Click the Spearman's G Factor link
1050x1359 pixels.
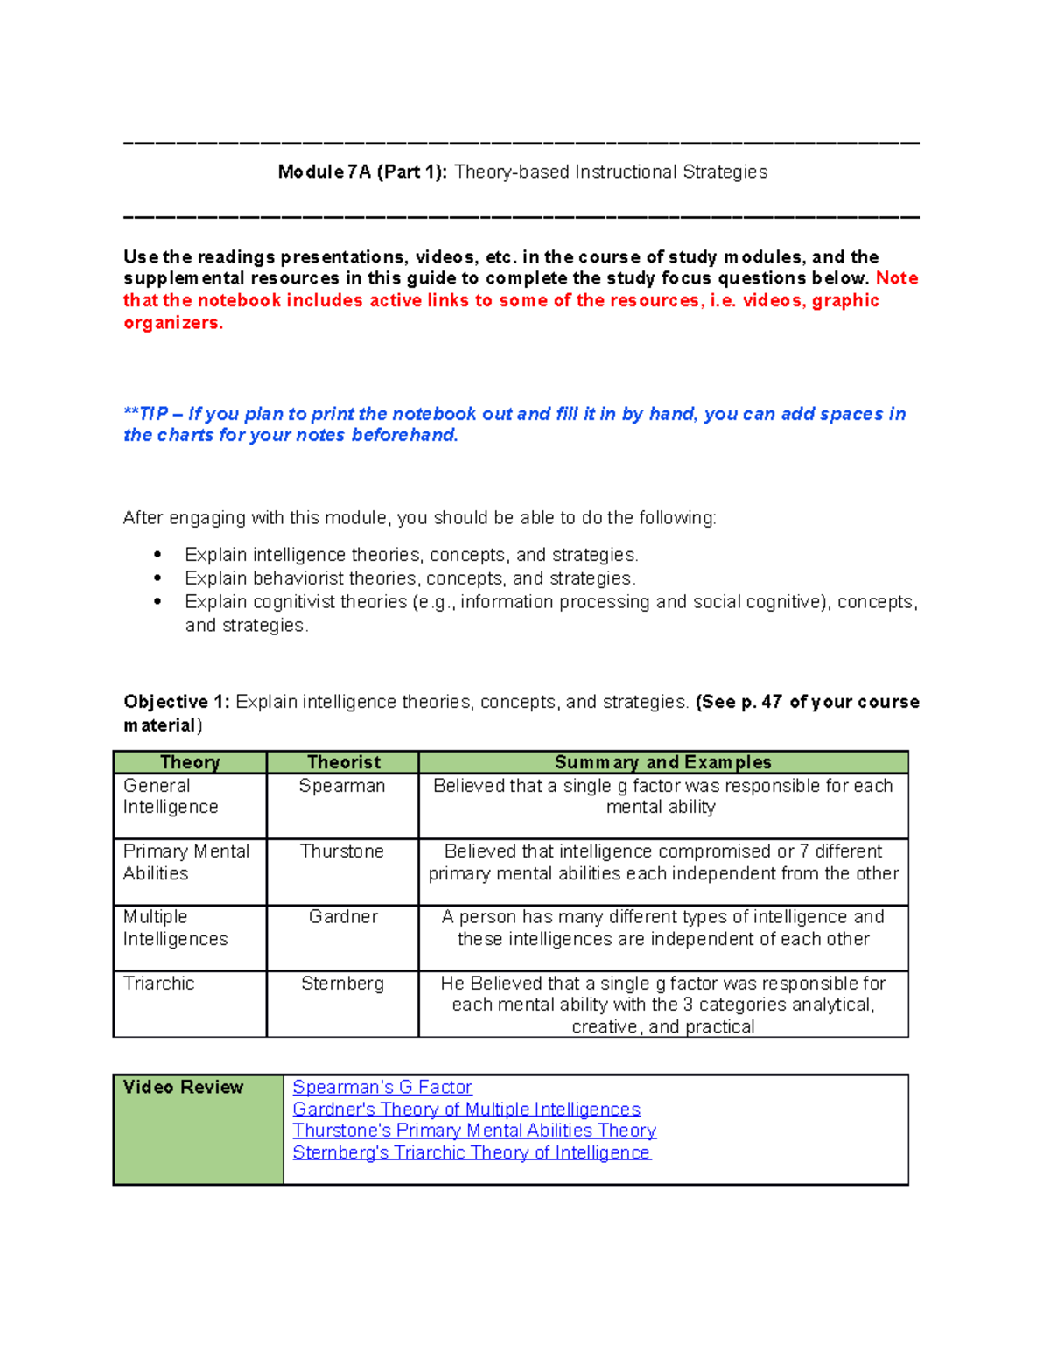point(381,1087)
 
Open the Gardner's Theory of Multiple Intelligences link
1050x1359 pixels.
point(465,1109)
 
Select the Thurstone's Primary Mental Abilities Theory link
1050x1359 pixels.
point(473,1131)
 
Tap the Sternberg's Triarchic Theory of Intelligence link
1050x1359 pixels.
point(471,1152)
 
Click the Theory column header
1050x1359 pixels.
point(190,762)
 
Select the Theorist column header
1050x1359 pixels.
point(343,762)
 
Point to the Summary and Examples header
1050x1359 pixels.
point(662,762)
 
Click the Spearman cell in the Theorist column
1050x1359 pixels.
point(341,786)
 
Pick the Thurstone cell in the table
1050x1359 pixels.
point(341,851)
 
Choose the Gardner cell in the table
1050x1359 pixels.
point(343,917)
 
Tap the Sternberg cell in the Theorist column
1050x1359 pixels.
point(342,984)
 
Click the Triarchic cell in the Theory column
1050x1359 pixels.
point(158,984)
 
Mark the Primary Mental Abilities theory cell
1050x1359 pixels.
point(185,862)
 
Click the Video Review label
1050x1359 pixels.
point(183,1087)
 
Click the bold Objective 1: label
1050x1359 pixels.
point(177,702)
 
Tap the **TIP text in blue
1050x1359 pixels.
point(146,414)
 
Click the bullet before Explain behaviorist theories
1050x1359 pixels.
point(157,578)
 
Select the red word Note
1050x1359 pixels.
point(897,278)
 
